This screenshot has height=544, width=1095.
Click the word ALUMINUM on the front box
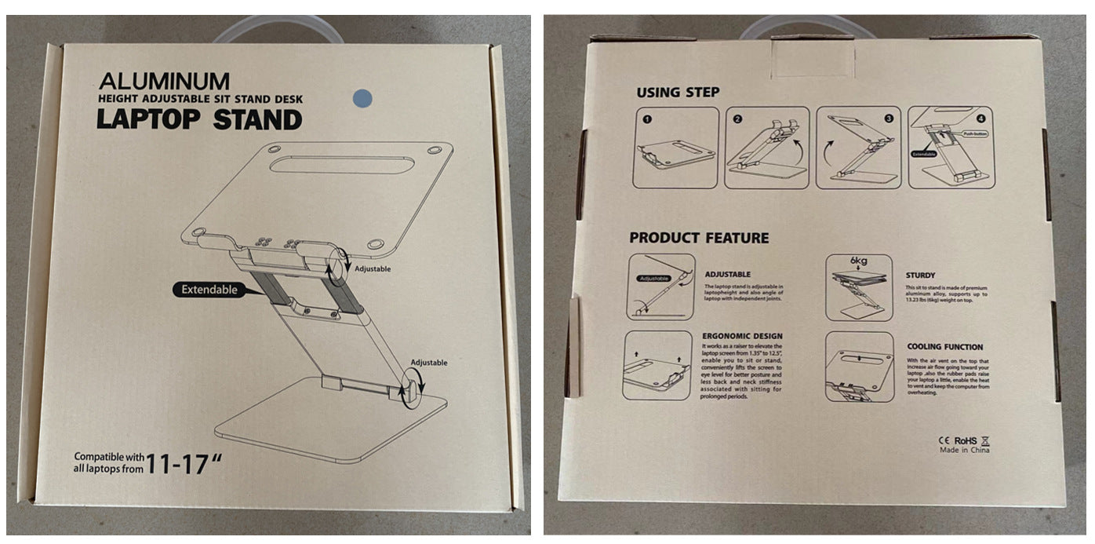[x=164, y=80]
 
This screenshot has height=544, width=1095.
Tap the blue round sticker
[x=363, y=97]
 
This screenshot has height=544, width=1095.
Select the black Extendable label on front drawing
[x=209, y=290]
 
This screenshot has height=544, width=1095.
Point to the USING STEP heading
[x=677, y=93]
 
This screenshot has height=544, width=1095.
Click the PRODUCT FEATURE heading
[x=699, y=238]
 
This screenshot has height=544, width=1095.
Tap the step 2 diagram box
[x=766, y=148]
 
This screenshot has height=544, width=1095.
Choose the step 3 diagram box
[x=858, y=148]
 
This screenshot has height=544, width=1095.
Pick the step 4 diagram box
[x=951, y=148]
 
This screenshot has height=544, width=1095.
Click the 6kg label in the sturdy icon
[x=859, y=261]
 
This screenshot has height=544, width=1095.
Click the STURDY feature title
[x=920, y=276]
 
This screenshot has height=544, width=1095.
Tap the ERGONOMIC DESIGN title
[x=741, y=336]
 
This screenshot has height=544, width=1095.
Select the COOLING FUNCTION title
[x=944, y=346]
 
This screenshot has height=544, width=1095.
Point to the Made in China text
[x=965, y=450]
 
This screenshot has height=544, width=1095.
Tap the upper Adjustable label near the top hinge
[x=373, y=268]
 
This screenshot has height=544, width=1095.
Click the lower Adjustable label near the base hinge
[x=428, y=363]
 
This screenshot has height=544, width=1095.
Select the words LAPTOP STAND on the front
[x=198, y=120]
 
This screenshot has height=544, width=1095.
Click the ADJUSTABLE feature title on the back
[x=727, y=274]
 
